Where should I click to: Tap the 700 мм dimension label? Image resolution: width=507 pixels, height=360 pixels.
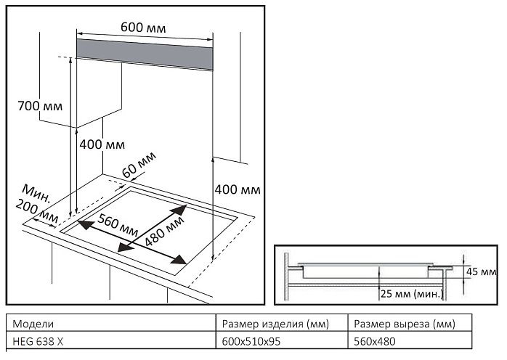(40, 106)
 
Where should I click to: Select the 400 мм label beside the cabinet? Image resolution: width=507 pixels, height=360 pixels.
(102, 144)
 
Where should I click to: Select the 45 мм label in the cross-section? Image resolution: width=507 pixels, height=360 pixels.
(482, 271)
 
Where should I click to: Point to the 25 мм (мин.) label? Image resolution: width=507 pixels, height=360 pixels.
(411, 294)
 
